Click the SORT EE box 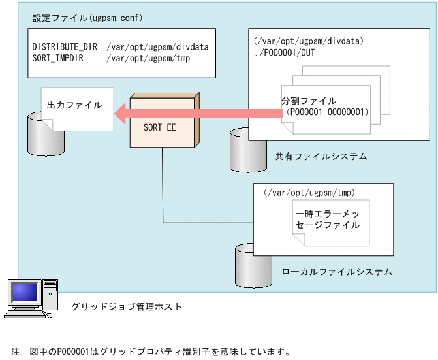(x=160, y=128)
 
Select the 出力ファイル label (x=74, y=105)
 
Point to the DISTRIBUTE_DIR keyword (x=65, y=47)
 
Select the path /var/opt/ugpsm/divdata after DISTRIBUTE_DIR (x=154, y=47)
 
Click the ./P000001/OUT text (x=285, y=52)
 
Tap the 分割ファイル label (x=309, y=101)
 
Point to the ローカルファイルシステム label (x=337, y=271)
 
